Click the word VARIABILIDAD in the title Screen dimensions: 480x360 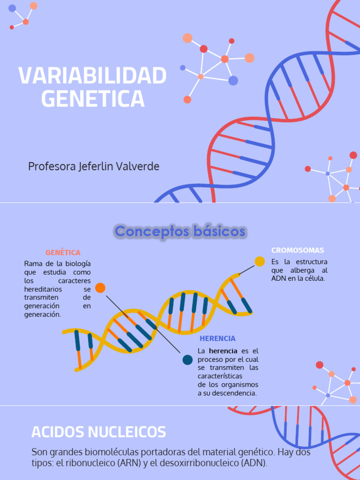tap(92, 76)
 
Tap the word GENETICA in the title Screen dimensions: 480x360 tap(92, 98)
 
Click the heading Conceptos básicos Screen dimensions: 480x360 tap(180, 231)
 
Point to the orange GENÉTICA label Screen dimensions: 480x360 tap(63, 253)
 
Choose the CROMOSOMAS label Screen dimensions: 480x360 tap(298, 250)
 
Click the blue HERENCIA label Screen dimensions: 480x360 tap(217, 338)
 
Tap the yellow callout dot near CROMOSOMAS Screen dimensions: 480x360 tap(260, 262)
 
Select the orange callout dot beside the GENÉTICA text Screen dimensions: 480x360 tap(100, 288)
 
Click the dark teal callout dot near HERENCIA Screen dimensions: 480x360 tap(187, 360)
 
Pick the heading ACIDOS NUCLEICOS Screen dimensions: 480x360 tap(98, 432)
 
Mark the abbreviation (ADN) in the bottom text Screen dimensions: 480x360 tap(253, 463)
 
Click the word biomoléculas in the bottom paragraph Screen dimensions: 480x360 tap(117, 453)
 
